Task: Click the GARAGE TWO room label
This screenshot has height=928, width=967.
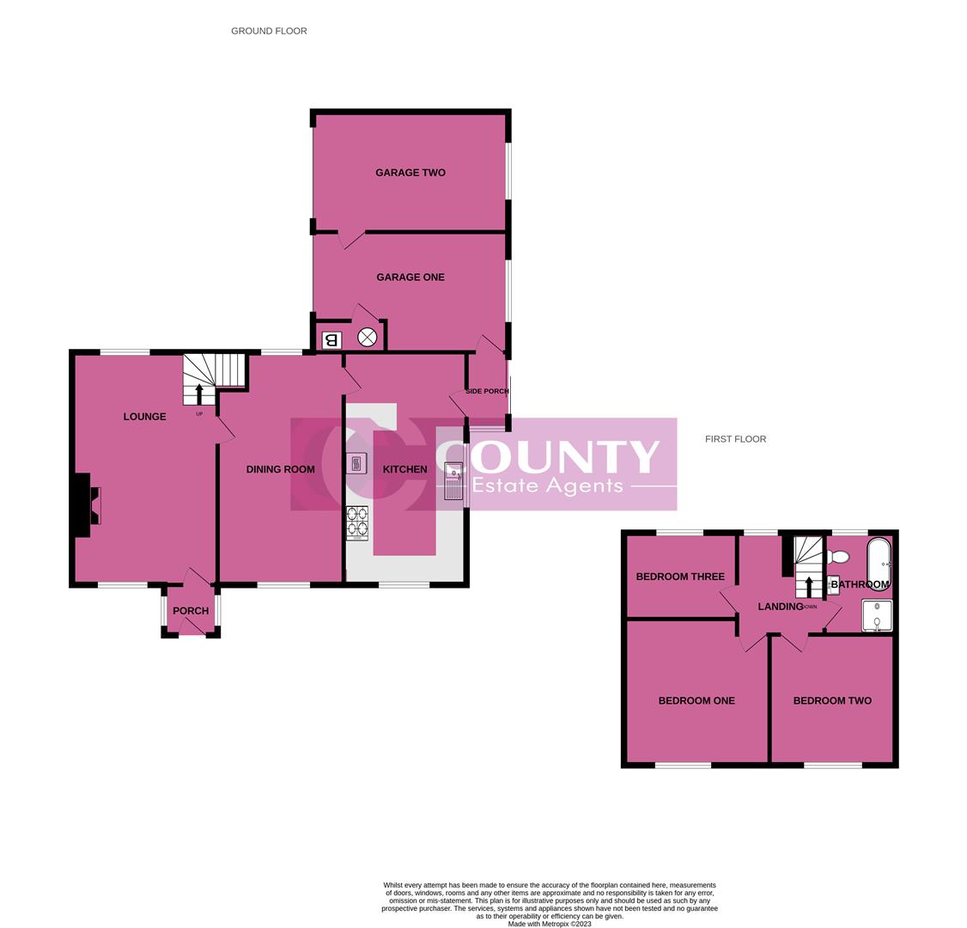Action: pyautogui.click(x=410, y=173)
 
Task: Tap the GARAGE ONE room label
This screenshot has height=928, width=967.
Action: pyautogui.click(x=410, y=278)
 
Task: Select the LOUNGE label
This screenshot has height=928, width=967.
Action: pyautogui.click(x=144, y=417)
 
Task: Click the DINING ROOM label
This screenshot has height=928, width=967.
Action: pyautogui.click(x=280, y=469)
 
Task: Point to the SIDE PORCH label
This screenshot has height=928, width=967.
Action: pyautogui.click(x=487, y=392)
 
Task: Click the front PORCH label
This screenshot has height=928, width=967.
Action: pyautogui.click(x=191, y=611)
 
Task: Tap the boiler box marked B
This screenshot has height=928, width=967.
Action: pyautogui.click(x=332, y=339)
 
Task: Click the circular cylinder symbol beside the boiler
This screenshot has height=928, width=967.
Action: pyautogui.click(x=367, y=338)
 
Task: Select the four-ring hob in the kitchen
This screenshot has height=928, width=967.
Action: pyautogui.click(x=356, y=522)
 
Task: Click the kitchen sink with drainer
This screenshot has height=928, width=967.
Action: pyautogui.click(x=453, y=481)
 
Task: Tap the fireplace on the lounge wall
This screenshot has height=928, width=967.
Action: pyautogui.click(x=89, y=505)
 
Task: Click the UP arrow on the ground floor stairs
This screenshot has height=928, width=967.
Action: pyautogui.click(x=199, y=394)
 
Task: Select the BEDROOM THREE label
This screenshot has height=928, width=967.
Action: pyautogui.click(x=680, y=577)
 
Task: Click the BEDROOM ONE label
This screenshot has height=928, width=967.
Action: pyautogui.click(x=696, y=700)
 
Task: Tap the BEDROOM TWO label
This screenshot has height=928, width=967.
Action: pyautogui.click(x=832, y=700)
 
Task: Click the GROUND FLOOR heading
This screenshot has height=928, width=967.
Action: pyautogui.click(x=269, y=31)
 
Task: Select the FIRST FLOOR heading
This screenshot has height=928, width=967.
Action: pyautogui.click(x=735, y=439)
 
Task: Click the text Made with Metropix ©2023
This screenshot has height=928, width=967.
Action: pyautogui.click(x=550, y=924)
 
